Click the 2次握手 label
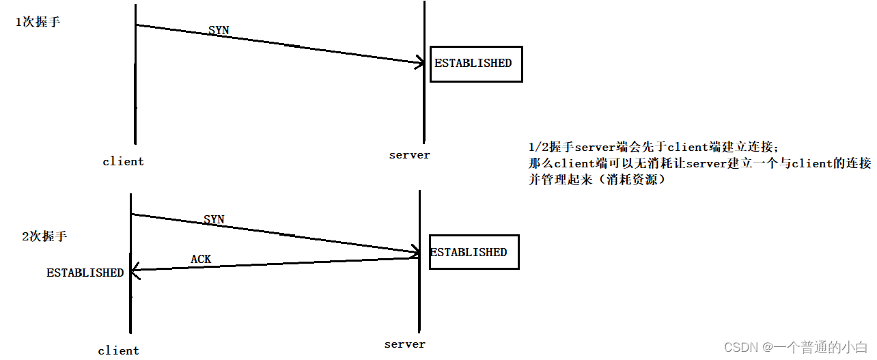45,236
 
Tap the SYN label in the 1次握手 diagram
219,31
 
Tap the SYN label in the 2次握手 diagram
214,219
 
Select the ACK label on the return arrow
201,259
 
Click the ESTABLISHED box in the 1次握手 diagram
475,64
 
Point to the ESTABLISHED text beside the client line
85,273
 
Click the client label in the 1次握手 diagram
123,162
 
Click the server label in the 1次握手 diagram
410,155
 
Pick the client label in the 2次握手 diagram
118,350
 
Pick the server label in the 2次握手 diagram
405,344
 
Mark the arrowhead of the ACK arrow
134,271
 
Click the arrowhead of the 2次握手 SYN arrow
415,252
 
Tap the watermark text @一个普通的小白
816,348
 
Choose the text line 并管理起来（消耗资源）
596,180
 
